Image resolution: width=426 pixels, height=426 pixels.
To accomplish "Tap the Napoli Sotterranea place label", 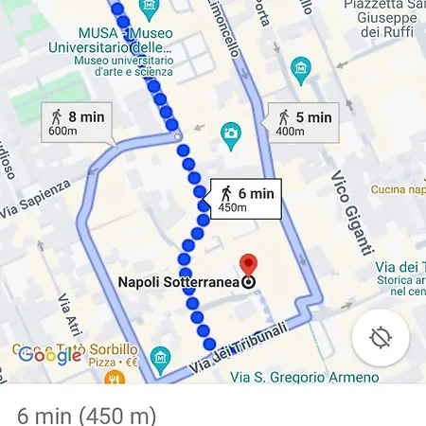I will tap(180, 281).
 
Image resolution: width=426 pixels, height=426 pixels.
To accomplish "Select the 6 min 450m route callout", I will tap(243, 199).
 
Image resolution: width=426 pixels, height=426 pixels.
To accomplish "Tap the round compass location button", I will tap(381, 337).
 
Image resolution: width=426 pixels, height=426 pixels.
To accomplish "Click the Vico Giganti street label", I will tap(350, 212).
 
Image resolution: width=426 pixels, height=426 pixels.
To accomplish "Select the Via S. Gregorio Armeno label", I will tap(317, 378).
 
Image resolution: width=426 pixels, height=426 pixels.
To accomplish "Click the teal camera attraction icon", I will tap(230, 135).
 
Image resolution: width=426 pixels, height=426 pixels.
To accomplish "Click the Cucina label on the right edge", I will tap(398, 189).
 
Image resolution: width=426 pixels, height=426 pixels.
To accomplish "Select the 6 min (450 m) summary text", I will tap(86, 415).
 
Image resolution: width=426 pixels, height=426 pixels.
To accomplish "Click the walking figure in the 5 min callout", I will tap(283, 117).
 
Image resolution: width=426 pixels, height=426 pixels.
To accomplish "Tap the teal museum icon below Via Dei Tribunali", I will tap(162, 360).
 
